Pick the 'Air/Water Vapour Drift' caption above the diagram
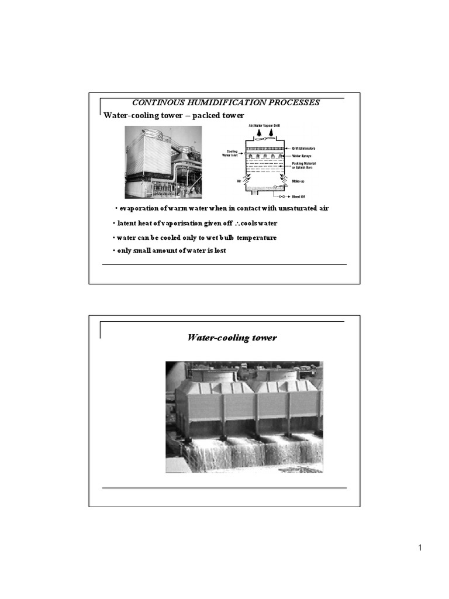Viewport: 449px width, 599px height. click(x=260, y=126)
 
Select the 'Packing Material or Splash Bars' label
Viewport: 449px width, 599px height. click(x=306, y=166)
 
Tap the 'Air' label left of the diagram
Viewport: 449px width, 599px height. click(x=239, y=181)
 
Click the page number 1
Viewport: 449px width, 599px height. click(x=420, y=548)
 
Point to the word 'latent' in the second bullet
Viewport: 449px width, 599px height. click(x=127, y=223)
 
